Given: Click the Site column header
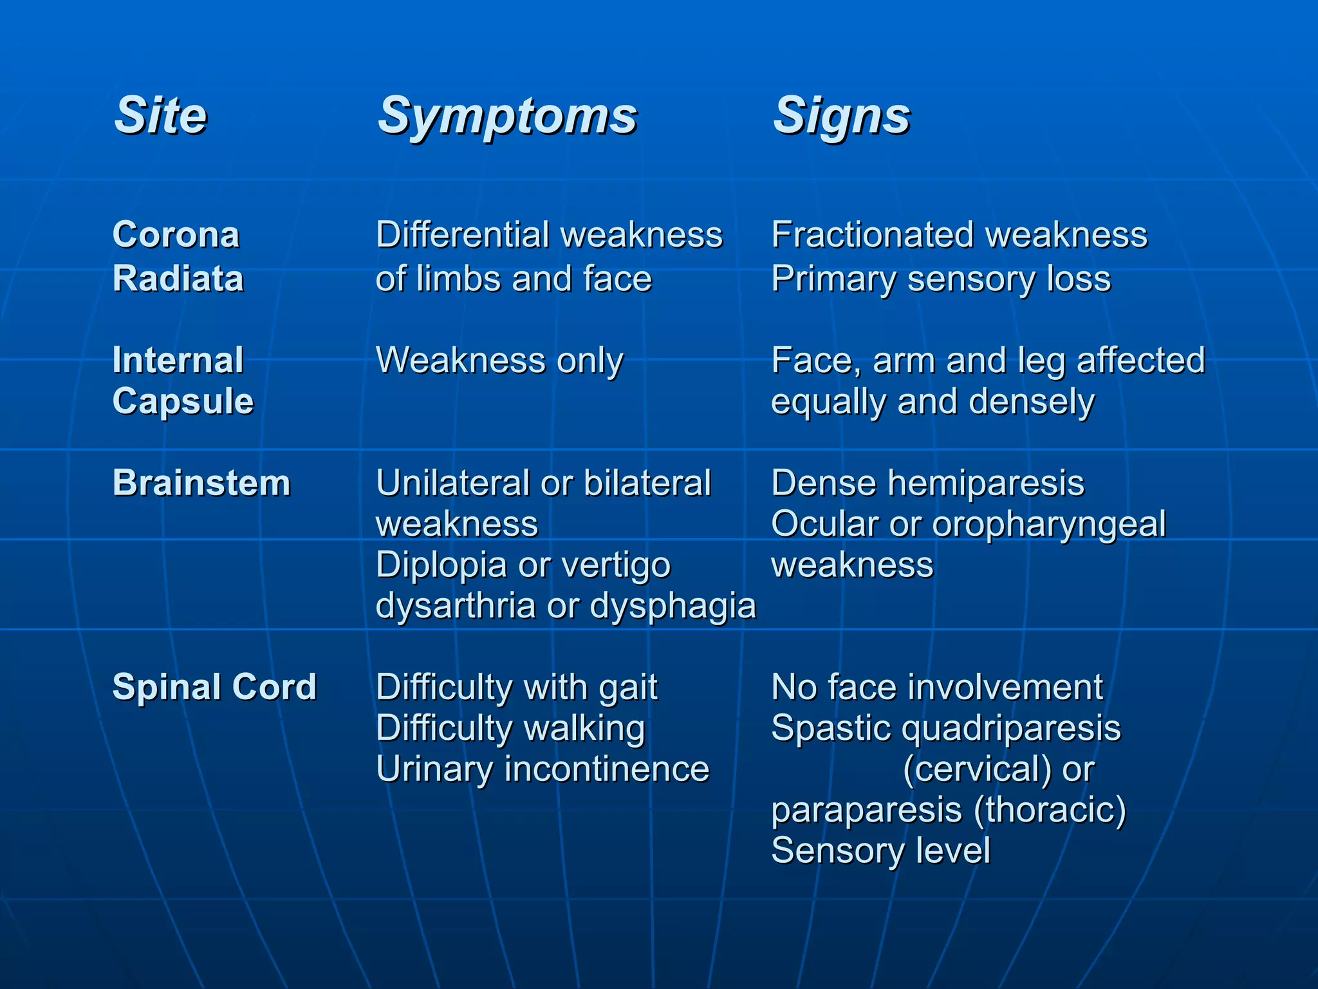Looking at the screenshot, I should click(x=160, y=116).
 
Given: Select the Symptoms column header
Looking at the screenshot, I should click(x=507, y=116).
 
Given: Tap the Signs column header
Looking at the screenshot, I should click(x=841, y=116).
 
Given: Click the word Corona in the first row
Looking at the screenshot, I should click(x=176, y=234).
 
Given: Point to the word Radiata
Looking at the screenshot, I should click(x=178, y=279).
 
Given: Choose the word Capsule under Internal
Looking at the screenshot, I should click(x=183, y=401).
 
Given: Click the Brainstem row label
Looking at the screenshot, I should click(x=201, y=483).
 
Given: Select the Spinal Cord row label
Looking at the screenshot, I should click(x=214, y=686).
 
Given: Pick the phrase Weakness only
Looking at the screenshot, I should click(x=499, y=360).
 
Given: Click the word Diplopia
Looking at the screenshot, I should click(x=441, y=565).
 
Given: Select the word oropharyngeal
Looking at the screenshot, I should click(x=1048, y=525).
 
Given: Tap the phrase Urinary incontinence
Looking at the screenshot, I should click(x=542, y=769).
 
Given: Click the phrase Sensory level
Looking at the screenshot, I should click(x=880, y=850).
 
